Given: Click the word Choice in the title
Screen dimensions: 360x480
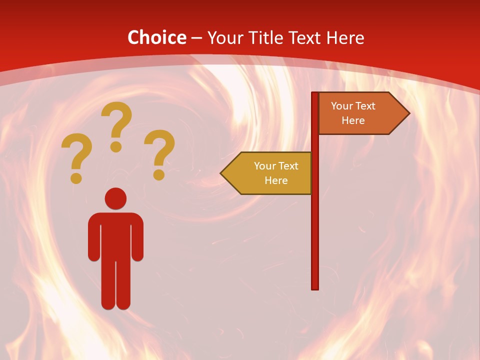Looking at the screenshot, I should pos(157,37).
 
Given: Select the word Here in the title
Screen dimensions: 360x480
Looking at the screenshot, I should pos(345,37).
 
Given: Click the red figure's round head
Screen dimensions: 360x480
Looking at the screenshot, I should pos(115,198).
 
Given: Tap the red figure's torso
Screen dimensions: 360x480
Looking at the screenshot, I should pos(115,235).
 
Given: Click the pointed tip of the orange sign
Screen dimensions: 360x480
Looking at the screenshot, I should pos(408,113).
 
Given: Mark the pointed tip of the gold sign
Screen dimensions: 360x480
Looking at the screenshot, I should pos(221,173).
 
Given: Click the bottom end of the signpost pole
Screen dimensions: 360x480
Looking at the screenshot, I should pos(315,287).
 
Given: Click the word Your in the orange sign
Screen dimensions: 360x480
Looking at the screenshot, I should pos(341,106).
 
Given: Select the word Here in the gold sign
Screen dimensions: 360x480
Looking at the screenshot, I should pos(276,180).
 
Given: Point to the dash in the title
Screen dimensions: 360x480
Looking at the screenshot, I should pos(196,38).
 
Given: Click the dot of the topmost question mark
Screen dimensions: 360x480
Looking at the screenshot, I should pos(116,146).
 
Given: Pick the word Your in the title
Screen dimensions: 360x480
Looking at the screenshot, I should pos(225,37).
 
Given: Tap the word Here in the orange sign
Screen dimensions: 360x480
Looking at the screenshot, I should pos(353,120).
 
